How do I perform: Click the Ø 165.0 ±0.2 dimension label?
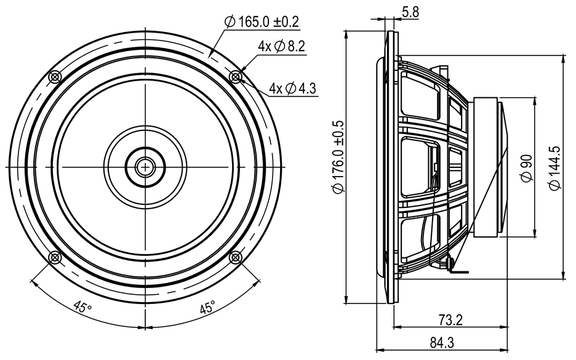[262, 22]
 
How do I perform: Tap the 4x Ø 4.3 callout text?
[292, 88]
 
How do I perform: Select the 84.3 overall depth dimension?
[438, 342]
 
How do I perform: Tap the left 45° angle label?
[80, 306]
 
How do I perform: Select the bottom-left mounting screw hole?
[55, 257]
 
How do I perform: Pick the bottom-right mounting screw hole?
[235, 257]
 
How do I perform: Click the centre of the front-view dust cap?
[145, 166]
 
